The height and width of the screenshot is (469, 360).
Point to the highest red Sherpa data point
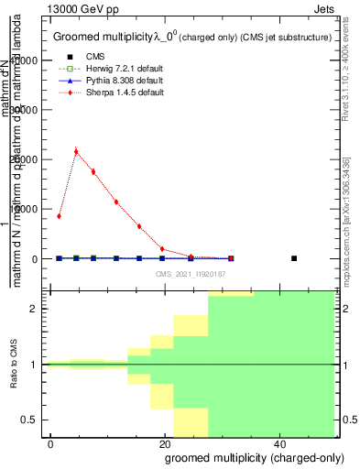(x=76, y=151)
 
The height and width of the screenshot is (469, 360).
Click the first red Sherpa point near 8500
(x=59, y=216)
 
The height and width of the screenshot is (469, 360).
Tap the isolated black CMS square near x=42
(x=294, y=258)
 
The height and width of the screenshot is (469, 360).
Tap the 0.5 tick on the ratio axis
(x=34, y=420)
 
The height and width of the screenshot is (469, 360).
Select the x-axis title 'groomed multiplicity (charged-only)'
(x=245, y=457)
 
